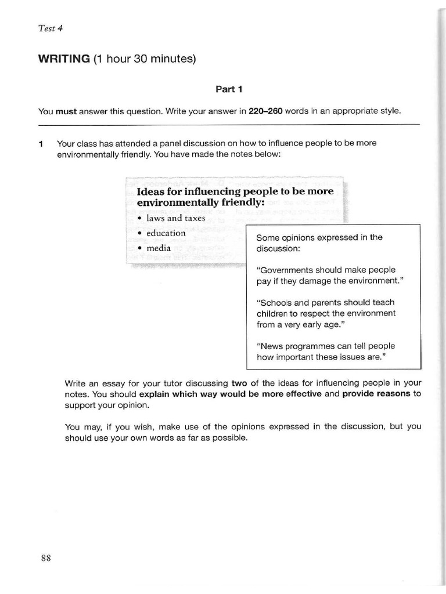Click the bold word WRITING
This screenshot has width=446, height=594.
[x=64, y=59]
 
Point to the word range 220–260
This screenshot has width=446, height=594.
[x=265, y=111]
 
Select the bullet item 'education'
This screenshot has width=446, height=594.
[x=166, y=233]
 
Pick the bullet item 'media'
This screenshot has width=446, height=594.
[x=159, y=248]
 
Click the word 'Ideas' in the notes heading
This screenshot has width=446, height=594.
[x=150, y=191]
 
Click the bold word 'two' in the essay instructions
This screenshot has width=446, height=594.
[x=239, y=383]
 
